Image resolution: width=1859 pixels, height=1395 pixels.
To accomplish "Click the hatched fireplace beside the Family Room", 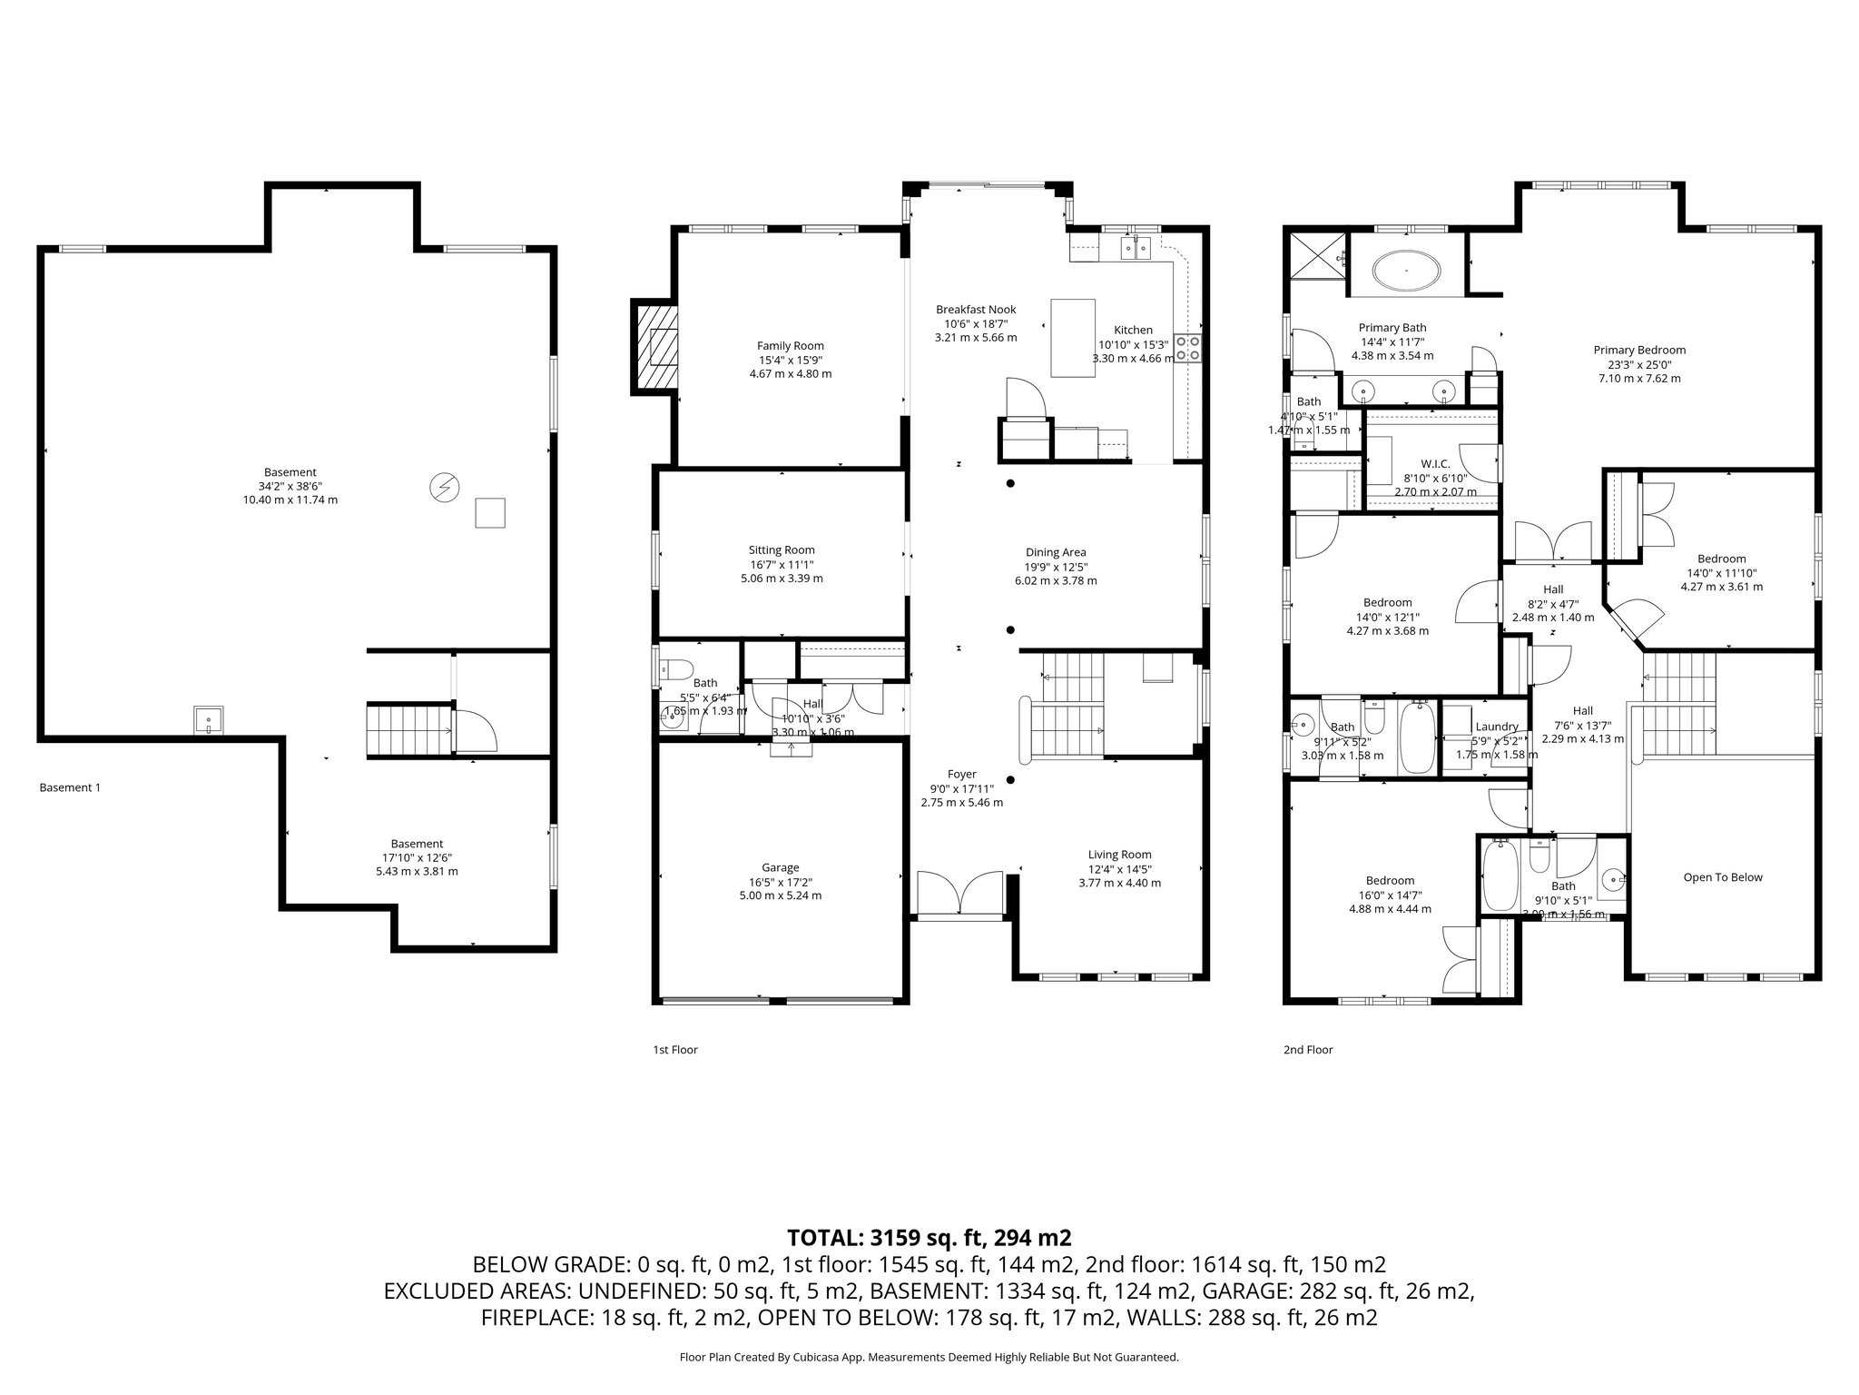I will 655,346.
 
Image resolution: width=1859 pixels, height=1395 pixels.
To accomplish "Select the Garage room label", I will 780,867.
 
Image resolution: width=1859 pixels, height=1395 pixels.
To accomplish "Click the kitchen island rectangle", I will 1072,337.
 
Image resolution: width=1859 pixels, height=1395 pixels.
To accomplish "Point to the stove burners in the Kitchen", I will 1187,348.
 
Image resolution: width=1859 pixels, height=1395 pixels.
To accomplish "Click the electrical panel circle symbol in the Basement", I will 444,488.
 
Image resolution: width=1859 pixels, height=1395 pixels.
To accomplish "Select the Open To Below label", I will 1722,877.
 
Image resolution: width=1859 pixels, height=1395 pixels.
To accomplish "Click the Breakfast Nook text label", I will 976,310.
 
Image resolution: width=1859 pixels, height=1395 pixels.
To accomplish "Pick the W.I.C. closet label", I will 1435,464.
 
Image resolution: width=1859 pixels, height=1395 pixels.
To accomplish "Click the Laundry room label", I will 1496,727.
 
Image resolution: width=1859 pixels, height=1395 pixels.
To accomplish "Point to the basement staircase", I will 408,728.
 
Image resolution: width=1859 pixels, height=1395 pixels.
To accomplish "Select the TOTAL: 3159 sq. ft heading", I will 929,1237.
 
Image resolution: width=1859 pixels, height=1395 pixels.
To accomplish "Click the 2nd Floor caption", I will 1307,1050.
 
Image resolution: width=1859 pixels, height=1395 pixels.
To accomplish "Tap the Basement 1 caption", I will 70,787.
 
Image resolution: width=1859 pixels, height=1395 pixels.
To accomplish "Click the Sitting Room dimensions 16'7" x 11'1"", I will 782,564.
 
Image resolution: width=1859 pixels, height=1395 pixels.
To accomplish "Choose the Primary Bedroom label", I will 1638,350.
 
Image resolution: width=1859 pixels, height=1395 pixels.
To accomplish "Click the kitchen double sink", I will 1136,246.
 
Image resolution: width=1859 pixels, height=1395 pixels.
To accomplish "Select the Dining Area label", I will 1055,552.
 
